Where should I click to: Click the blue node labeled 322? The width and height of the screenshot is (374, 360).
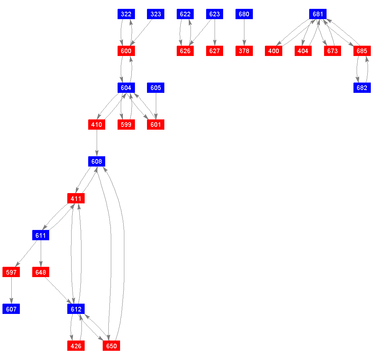(x=126, y=14)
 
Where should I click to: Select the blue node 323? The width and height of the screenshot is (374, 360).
(x=155, y=14)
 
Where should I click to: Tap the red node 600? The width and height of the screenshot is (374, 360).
(x=126, y=51)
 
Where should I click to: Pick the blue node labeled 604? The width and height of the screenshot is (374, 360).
(x=126, y=88)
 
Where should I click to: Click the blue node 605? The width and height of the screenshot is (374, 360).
(x=155, y=88)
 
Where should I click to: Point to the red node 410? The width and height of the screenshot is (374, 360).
(x=97, y=125)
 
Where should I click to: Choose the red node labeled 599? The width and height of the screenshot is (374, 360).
(x=126, y=125)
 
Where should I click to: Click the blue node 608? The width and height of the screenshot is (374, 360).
(x=97, y=162)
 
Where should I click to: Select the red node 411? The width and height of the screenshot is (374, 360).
(x=76, y=198)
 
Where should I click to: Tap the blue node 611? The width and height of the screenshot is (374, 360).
(x=41, y=235)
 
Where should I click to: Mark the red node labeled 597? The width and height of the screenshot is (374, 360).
(x=11, y=272)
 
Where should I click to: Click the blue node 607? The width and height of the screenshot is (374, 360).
(x=11, y=309)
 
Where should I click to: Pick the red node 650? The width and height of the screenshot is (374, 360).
(x=111, y=346)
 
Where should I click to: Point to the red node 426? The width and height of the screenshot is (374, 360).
(x=76, y=346)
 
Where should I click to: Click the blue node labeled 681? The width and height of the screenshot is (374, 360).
(x=318, y=14)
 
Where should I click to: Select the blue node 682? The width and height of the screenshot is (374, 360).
(x=362, y=88)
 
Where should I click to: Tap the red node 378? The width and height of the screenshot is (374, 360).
(x=244, y=51)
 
